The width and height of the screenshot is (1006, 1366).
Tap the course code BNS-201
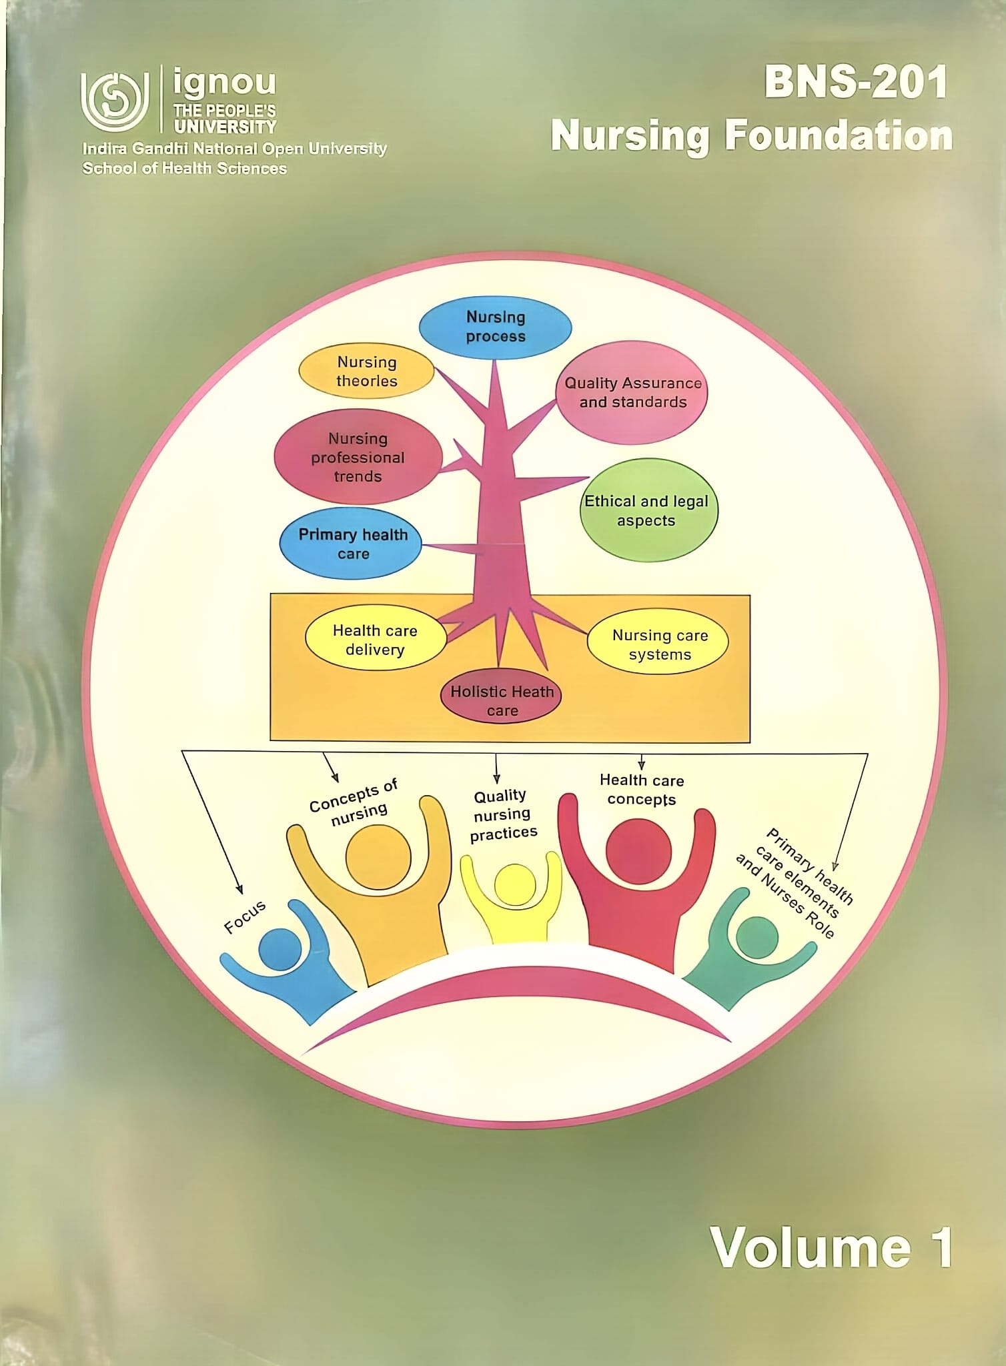[856, 83]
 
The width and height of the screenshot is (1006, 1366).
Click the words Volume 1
[831, 1247]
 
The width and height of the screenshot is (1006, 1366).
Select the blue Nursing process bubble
[495, 327]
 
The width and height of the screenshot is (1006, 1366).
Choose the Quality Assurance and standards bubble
[632, 392]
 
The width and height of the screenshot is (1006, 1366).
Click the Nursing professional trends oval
[358, 457]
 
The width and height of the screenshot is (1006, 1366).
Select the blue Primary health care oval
[351, 544]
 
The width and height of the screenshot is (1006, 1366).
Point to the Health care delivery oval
[376, 639]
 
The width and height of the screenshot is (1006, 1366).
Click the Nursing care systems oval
[658, 644]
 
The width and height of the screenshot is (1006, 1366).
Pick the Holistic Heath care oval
[501, 696]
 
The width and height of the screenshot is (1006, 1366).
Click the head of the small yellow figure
[516, 886]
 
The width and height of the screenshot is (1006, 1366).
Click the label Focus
[245, 916]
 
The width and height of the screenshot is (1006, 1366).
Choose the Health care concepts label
[641, 790]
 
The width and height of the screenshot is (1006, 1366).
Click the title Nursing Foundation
[752, 137]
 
